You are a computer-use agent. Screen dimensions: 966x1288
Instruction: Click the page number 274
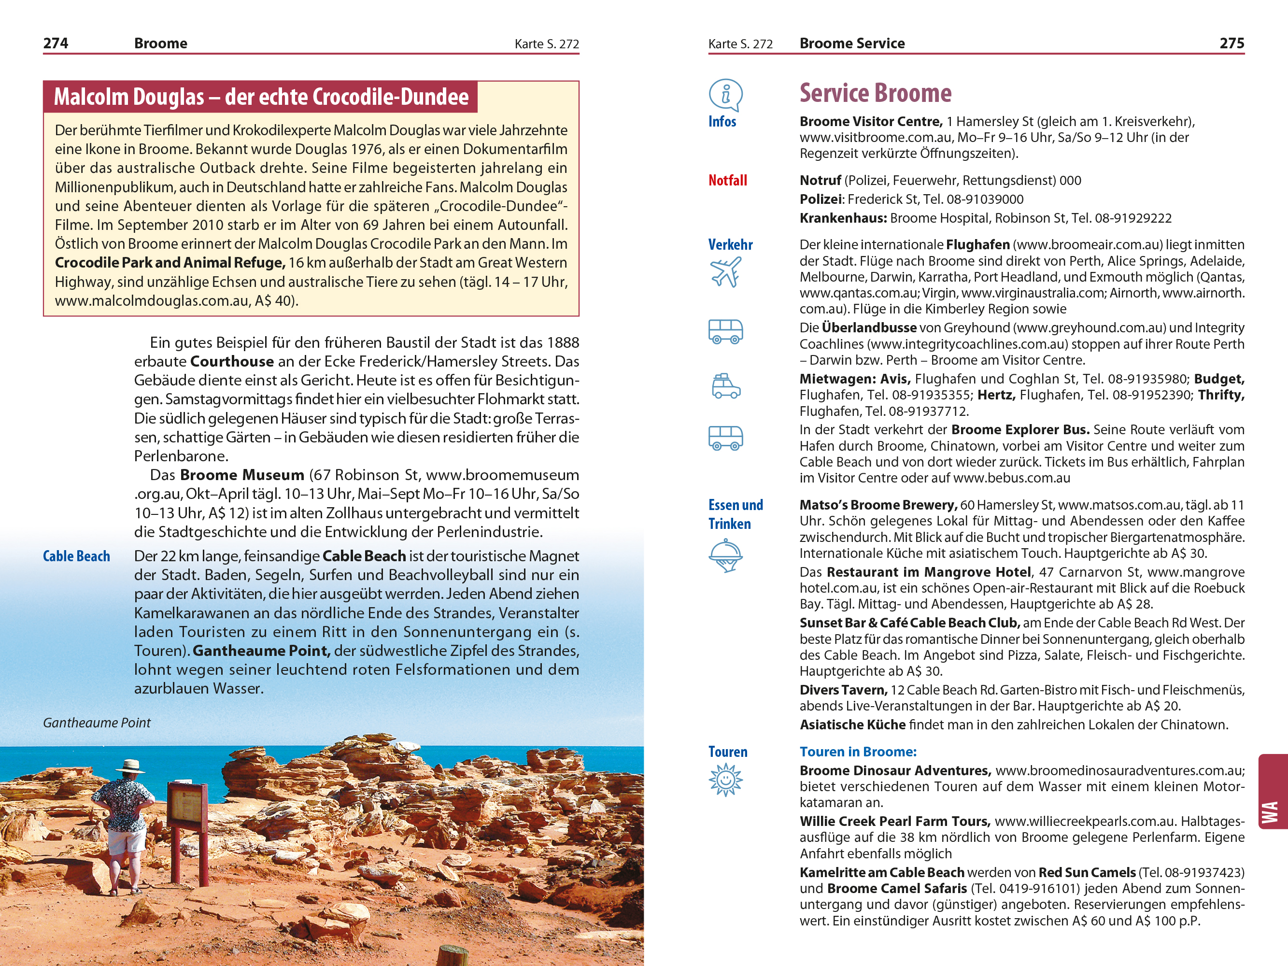56,43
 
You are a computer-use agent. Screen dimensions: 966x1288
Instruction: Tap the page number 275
1231,43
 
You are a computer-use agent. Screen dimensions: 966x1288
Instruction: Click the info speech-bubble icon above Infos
725,94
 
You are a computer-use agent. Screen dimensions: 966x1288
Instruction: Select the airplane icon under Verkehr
725,272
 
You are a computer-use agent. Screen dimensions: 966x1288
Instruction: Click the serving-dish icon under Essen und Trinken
725,555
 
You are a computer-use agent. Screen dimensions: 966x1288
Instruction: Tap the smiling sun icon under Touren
725,780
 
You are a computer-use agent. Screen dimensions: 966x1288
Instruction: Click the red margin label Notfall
727,181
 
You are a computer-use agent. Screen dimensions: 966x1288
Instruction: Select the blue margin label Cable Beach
76,556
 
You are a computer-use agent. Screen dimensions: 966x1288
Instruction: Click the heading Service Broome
875,93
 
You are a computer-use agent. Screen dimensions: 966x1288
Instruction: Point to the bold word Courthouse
232,362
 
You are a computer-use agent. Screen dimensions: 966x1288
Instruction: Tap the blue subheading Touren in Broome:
858,752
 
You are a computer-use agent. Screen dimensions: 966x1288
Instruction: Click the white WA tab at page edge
1271,813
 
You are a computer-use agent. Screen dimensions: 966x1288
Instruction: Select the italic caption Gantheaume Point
97,723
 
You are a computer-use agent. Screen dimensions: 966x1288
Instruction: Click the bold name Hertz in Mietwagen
996,395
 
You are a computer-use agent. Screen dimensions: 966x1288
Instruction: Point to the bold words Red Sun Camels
1087,872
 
